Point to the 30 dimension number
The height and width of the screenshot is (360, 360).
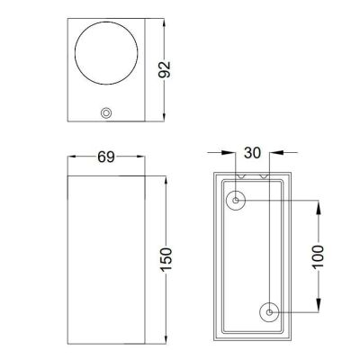254,154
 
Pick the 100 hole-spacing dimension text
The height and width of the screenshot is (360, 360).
316,256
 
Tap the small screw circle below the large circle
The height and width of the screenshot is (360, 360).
107,113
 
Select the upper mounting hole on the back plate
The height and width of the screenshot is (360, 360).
236,201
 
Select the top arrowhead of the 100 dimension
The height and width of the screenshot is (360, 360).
316,205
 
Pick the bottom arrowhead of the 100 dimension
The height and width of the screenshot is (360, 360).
316,308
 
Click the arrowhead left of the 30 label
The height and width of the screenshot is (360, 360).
231,154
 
